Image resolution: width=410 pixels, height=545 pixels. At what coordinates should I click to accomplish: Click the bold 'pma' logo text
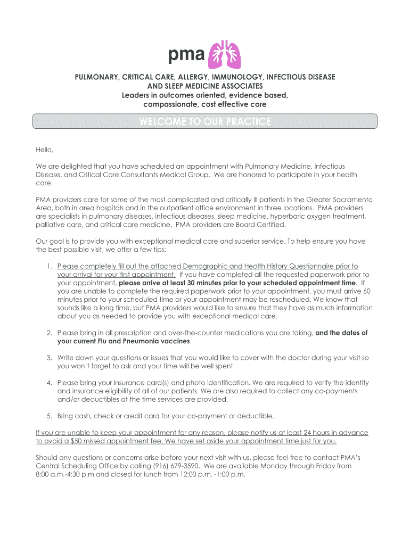click(x=186, y=55)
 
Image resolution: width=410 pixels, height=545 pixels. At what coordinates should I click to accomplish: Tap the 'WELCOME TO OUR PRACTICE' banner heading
click(x=205, y=122)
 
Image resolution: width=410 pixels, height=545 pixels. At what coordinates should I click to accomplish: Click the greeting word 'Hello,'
click(x=45, y=150)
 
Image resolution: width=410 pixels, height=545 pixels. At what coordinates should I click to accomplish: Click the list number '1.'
click(x=48, y=266)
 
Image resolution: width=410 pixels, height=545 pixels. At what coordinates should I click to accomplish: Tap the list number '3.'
click(x=48, y=358)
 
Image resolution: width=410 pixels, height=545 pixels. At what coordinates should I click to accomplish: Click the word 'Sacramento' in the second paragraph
click(x=352, y=200)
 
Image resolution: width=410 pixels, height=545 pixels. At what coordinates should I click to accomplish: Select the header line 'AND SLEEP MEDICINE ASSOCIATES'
click(x=205, y=86)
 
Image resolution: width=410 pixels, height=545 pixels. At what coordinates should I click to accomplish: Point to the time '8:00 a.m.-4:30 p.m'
click(x=65, y=474)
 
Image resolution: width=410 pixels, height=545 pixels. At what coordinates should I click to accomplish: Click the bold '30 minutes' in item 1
click(x=193, y=283)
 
